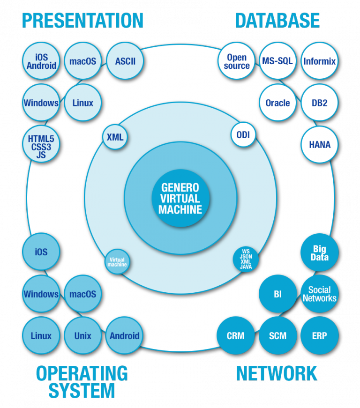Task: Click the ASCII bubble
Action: [125, 61]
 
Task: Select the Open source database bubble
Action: [237, 61]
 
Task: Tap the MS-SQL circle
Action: [277, 61]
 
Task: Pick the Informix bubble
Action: [319, 61]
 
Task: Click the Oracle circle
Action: [277, 103]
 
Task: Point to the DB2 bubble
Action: [319, 103]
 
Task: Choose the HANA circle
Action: [319, 144]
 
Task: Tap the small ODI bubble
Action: [243, 135]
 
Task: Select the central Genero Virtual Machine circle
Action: [180, 198]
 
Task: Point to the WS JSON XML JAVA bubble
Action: [246, 258]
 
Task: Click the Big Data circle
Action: [319, 252]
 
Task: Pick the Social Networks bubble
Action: [319, 294]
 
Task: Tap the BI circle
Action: [277, 294]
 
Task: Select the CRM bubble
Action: [235, 335]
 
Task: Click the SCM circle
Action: [277, 335]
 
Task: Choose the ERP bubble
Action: [319, 335]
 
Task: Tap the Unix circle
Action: [82, 335]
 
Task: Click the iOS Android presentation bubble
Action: [41, 61]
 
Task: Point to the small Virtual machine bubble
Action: [117, 261]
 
